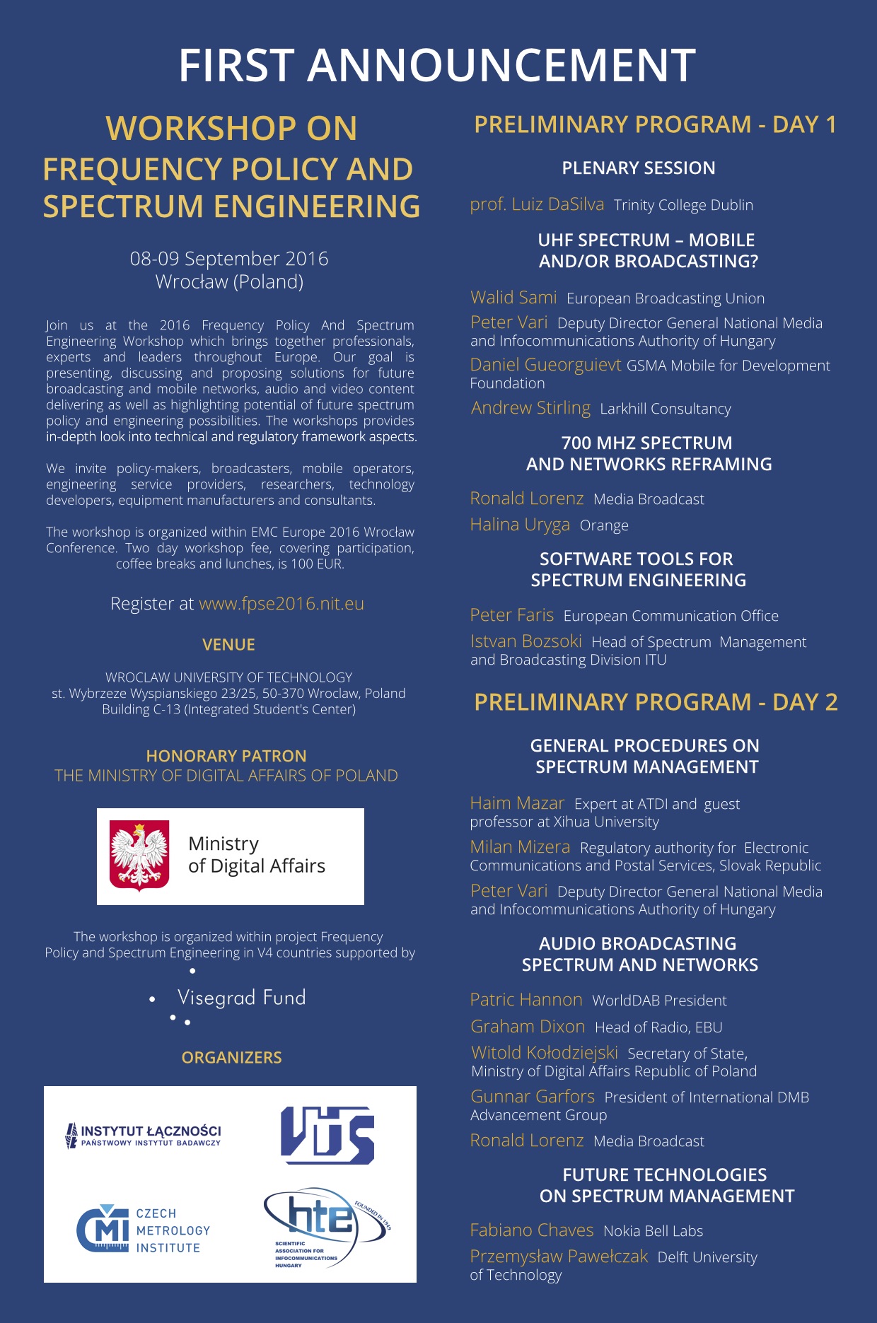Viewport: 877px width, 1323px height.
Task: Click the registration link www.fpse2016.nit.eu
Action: [x=281, y=604]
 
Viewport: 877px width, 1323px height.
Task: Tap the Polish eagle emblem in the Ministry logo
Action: [x=139, y=855]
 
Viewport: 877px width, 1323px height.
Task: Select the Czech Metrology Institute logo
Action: [x=144, y=1230]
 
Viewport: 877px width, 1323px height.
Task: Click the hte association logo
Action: [x=326, y=1227]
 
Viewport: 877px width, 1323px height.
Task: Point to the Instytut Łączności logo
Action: [x=144, y=1134]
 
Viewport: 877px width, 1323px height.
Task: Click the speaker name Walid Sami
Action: [x=513, y=298]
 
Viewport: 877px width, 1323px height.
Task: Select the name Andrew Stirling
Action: [x=530, y=408]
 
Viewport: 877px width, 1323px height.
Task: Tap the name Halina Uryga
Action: [x=520, y=525]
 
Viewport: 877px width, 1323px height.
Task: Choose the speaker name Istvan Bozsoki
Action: [x=525, y=641]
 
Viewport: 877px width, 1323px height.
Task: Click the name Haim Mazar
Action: [x=517, y=803]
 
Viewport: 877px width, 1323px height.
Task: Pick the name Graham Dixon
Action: [x=528, y=1027]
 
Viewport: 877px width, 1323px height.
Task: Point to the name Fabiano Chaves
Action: [x=531, y=1230]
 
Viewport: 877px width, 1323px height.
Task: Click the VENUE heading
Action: [x=228, y=645]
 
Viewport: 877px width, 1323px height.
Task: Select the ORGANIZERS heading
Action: [x=231, y=1058]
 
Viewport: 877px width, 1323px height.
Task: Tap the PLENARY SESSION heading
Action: [x=638, y=168]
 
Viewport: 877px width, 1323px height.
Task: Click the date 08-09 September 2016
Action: [x=229, y=259]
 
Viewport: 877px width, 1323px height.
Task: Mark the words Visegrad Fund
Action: [x=241, y=998]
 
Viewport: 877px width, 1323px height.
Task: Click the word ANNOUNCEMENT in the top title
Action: [x=501, y=66]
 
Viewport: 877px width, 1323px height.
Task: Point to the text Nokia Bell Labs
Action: [x=653, y=1231]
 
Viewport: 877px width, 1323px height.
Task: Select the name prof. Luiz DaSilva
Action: [x=537, y=205]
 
